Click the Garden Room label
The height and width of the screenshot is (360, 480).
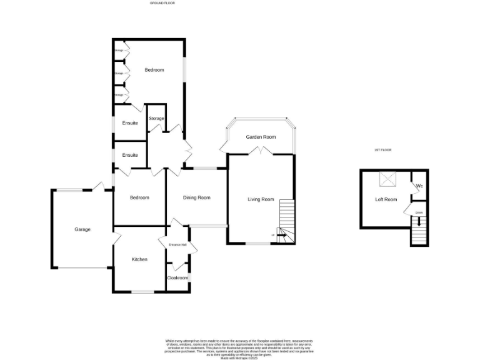[x=261, y=137]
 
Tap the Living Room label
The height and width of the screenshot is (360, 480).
[x=261, y=199]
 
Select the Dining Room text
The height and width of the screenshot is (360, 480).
[x=196, y=197]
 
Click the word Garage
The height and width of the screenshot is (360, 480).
[x=82, y=229]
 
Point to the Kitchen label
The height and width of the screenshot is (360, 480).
[x=139, y=259]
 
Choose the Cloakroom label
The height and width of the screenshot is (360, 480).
[x=177, y=277]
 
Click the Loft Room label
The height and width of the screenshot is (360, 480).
[x=386, y=199]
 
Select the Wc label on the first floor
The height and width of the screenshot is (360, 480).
[x=419, y=186]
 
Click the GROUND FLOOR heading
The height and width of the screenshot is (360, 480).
[x=162, y=3]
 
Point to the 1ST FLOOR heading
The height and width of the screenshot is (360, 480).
[x=382, y=150]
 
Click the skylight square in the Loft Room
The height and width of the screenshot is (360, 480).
[x=389, y=181]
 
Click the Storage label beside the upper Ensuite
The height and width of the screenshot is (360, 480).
[x=156, y=118]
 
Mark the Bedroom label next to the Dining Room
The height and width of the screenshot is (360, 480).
[x=139, y=197]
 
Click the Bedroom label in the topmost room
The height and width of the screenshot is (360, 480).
[x=154, y=70]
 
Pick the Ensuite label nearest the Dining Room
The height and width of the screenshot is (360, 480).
[x=130, y=155]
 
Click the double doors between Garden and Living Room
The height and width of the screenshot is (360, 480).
[x=260, y=151]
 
